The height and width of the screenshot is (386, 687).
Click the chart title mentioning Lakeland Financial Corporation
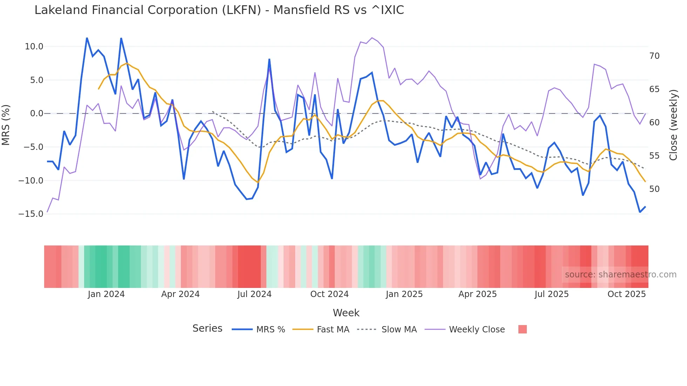tap(219, 10)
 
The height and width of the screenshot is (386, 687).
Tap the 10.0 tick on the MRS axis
tap(34, 47)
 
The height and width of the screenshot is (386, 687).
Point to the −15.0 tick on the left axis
tap(31, 214)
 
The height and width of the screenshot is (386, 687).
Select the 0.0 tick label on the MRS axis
tap(36, 113)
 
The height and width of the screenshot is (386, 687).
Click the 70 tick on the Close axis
tap(654, 56)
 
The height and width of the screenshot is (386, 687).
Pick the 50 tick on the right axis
tap(654, 189)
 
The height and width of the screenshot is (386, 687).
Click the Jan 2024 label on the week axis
tap(106, 294)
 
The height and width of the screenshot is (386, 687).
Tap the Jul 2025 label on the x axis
tap(551, 294)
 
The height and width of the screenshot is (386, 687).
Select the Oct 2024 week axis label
tap(329, 294)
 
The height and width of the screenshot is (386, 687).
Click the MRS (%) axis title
tap(6, 125)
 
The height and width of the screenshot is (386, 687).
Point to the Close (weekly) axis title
tap(673, 125)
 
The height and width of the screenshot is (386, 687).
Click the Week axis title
tap(346, 313)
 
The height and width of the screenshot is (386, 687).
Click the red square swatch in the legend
tap(522, 329)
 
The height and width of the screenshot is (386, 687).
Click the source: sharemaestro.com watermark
tap(620, 275)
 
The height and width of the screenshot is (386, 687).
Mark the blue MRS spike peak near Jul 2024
tap(269, 59)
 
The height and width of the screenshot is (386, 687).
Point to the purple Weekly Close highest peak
tap(372, 38)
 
